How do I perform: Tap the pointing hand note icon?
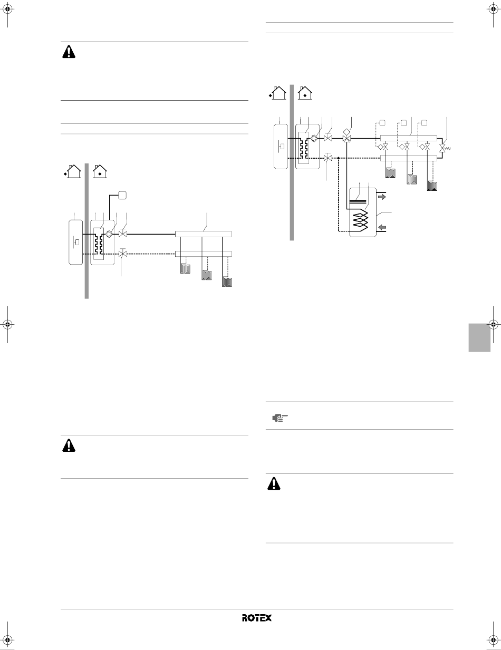pyautogui.click(x=280, y=418)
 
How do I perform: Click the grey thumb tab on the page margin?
pyautogui.click(x=479, y=337)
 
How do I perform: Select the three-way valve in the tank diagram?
pyautogui.click(x=346, y=139)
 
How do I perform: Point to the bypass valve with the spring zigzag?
pyautogui.click(x=444, y=148)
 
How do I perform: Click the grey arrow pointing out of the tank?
pyautogui.click(x=382, y=197)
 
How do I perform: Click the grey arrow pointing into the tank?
pyautogui.click(x=382, y=228)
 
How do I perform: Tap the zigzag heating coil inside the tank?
pyautogui.click(x=360, y=220)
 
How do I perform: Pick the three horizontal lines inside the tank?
pyautogui.click(x=358, y=201)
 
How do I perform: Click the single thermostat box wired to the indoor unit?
pyautogui.click(x=122, y=196)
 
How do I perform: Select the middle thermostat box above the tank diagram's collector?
pyautogui.click(x=403, y=123)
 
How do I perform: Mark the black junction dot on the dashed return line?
pyautogui.click(x=338, y=158)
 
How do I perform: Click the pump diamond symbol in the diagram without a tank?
pyautogui.click(x=109, y=234)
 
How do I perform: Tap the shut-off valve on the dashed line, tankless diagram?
pyautogui.click(x=123, y=254)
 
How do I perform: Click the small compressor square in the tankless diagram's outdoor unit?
pyautogui.click(x=77, y=242)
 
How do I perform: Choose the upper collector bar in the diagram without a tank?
pyautogui.click(x=204, y=234)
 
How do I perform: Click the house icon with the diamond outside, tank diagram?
pyautogui.click(x=277, y=93)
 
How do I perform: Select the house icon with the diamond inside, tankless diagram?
pyautogui.click(x=100, y=171)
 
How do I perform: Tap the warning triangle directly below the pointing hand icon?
pyautogui.click(x=274, y=483)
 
